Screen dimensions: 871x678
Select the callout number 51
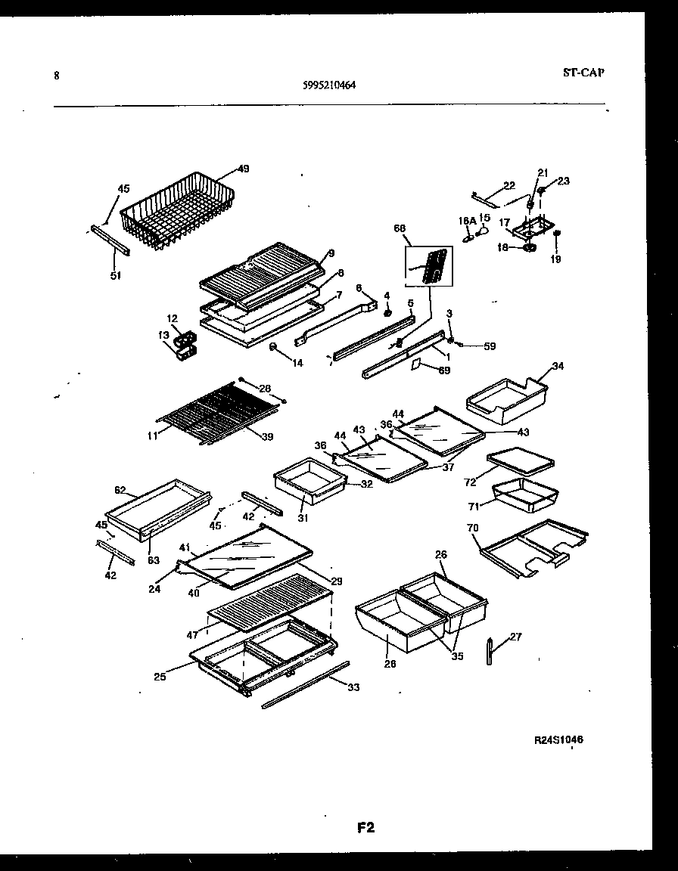[114, 275]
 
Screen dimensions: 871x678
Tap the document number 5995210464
[329, 85]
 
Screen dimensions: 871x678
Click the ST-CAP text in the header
[583, 73]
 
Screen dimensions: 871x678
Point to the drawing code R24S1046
[558, 740]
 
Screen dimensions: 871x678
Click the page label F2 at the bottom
[365, 827]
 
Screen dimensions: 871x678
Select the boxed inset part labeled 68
[428, 266]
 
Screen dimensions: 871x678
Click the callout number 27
[515, 637]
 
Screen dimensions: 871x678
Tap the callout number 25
[160, 677]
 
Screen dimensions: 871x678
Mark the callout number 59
[490, 347]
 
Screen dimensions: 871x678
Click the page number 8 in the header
[57, 75]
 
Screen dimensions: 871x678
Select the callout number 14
[297, 363]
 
